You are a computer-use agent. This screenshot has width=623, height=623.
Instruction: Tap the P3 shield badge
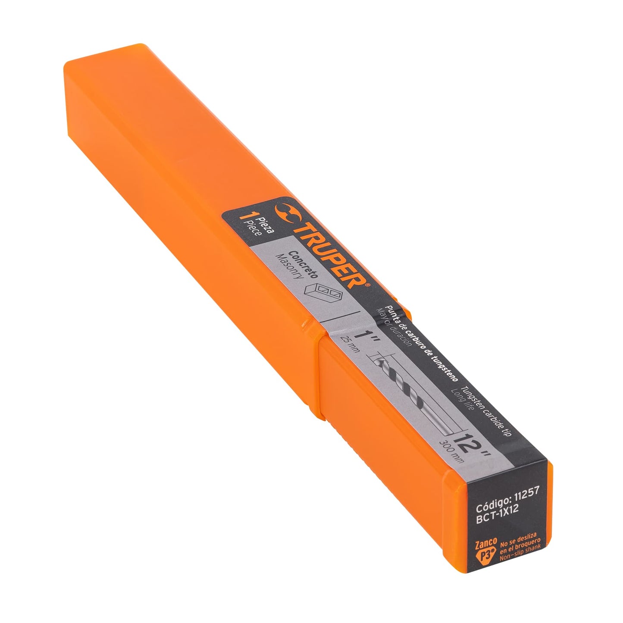coord(486,555)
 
